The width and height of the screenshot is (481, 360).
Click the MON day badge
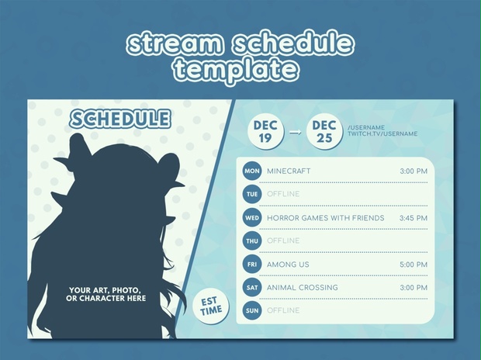(251, 171)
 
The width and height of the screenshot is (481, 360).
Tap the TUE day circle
(251, 194)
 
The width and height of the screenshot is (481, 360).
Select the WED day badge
(251, 218)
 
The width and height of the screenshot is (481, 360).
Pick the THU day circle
(251, 241)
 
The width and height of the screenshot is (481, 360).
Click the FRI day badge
(251, 265)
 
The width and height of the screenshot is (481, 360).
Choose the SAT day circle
(251, 288)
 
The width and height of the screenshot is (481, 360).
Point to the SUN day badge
(251, 311)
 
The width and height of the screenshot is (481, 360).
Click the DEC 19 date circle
(265, 131)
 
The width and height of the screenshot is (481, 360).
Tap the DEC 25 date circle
(324, 131)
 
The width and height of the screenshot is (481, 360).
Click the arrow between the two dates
(295, 132)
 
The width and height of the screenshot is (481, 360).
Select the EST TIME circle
(210, 306)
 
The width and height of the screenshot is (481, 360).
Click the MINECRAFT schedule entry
(289, 171)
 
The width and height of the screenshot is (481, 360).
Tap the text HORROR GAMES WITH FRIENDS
(325, 218)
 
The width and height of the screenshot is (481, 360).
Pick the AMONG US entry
(288, 265)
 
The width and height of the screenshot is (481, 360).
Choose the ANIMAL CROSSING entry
(302, 288)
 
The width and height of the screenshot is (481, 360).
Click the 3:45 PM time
(413, 218)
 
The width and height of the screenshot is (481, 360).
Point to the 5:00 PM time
(413, 265)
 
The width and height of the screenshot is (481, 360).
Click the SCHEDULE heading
(119, 119)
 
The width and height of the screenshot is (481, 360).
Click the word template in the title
(236, 71)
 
